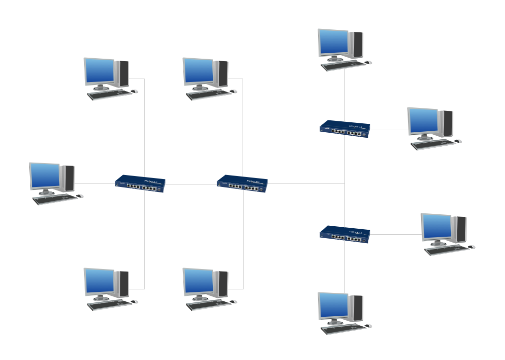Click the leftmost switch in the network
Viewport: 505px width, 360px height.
[x=140, y=183]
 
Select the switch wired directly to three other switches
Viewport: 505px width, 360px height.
[x=242, y=183]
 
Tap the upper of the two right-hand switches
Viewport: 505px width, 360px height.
[x=344, y=129]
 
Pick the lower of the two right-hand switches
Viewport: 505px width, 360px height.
[x=344, y=234]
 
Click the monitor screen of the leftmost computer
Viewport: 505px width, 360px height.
[x=44, y=176]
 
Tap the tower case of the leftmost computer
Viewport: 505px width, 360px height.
[x=69, y=178]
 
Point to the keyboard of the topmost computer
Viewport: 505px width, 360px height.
[x=342, y=65]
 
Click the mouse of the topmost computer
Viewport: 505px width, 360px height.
[x=368, y=62]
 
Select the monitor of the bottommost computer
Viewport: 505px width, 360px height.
[x=333, y=305]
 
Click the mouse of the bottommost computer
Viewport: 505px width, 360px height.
[x=368, y=326]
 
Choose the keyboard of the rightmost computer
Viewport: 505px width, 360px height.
[x=446, y=250]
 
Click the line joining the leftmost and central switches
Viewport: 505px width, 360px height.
[x=191, y=184]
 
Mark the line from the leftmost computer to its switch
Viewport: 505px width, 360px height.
[x=94, y=183]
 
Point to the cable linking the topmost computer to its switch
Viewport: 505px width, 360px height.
[x=344, y=94]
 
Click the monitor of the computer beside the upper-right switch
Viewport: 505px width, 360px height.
[x=422, y=121]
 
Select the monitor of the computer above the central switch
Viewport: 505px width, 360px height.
[x=198, y=71]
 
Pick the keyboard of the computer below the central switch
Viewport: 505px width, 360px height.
[x=208, y=305]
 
